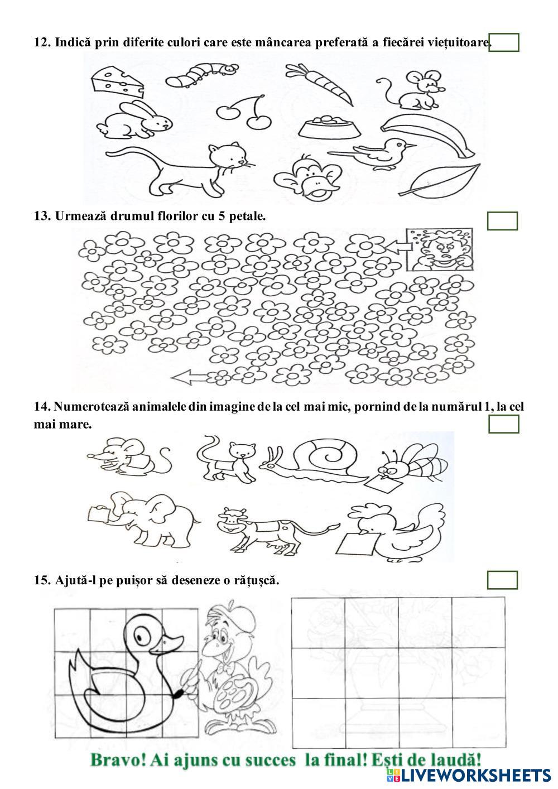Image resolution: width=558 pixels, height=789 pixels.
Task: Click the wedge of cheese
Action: tap(117, 79)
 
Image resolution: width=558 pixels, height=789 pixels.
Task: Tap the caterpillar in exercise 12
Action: tap(205, 74)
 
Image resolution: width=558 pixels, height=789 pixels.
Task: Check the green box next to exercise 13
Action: tap(502, 221)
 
